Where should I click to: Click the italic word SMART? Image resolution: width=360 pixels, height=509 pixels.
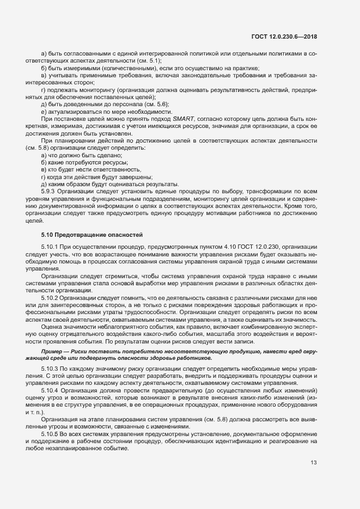tap(183, 118)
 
